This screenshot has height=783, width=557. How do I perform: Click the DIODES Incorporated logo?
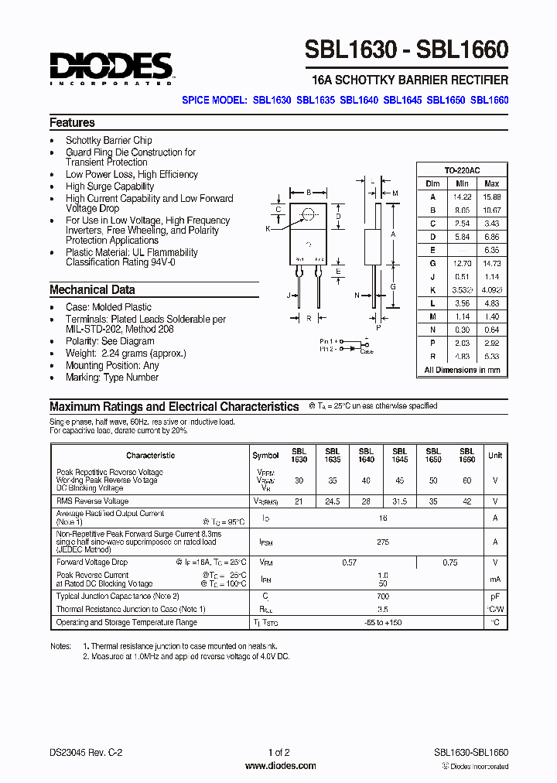(111, 68)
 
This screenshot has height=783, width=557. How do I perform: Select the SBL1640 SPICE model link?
(359, 100)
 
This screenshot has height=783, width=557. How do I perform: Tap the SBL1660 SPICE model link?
(489, 100)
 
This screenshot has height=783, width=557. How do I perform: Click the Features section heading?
(72, 123)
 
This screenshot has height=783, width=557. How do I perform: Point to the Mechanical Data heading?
(92, 290)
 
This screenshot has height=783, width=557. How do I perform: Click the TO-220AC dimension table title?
(462, 170)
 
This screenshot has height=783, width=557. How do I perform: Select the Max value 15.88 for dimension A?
(491, 197)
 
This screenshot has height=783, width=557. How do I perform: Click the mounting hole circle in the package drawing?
(309, 214)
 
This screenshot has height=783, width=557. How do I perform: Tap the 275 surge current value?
(382, 543)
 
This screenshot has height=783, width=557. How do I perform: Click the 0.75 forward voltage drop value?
(449, 562)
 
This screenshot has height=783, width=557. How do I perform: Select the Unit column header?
(495, 456)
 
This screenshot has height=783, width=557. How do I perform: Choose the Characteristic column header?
(150, 456)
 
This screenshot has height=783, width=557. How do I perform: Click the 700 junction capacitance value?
(382, 597)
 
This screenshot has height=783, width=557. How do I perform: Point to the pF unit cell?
(495, 597)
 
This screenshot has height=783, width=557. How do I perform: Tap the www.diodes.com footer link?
(279, 766)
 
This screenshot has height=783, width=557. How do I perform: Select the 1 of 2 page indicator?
(278, 752)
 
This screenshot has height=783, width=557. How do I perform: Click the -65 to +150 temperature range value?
(382, 622)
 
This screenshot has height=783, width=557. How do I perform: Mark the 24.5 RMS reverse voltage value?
(333, 501)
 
